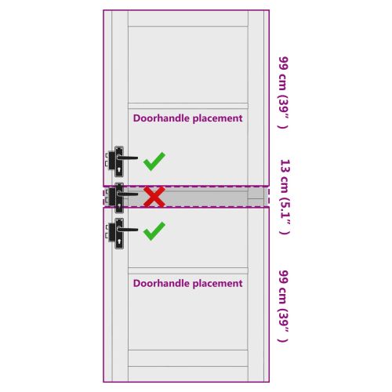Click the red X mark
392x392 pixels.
[x=154, y=197]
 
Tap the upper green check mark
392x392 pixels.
[x=154, y=162]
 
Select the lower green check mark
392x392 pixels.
[x=154, y=231]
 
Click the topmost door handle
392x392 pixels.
[x=122, y=162]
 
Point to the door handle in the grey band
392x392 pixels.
[x=122, y=198]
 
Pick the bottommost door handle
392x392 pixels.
[x=122, y=234]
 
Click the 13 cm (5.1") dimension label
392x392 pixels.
[x=285, y=197]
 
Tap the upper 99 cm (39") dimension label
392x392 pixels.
[x=283, y=93]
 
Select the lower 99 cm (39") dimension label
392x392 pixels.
[x=283, y=306]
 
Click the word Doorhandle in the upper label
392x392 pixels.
[x=162, y=118]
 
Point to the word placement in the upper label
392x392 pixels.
[x=218, y=118]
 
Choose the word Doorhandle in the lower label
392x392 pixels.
[x=162, y=283]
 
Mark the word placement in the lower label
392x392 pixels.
[x=218, y=284]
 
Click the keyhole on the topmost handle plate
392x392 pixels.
[x=119, y=170]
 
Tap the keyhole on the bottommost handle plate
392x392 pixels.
[x=119, y=242]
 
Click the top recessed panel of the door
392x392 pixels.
[x=188, y=64]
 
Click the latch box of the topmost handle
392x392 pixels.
[x=111, y=161]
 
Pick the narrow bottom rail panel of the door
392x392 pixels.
[x=188, y=358]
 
